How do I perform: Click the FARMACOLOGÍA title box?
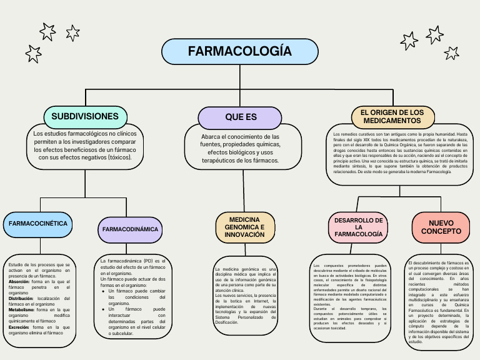tap(240, 51)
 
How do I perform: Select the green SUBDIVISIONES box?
tap(85, 116)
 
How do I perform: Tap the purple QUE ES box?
tap(241, 117)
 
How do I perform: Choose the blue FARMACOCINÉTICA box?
tap(37, 223)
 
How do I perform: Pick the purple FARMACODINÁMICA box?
tap(131, 229)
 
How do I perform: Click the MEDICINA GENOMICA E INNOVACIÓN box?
tap(245, 227)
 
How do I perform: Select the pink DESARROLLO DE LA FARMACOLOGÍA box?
tap(358, 227)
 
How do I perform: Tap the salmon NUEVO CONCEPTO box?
tap(441, 227)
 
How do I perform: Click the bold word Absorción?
tap(19, 282)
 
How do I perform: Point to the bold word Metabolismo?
tap(21, 309)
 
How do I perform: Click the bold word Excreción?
tap(19, 327)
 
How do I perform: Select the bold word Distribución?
tap(21, 299)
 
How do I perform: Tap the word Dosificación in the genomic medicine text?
tap(227, 322)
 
